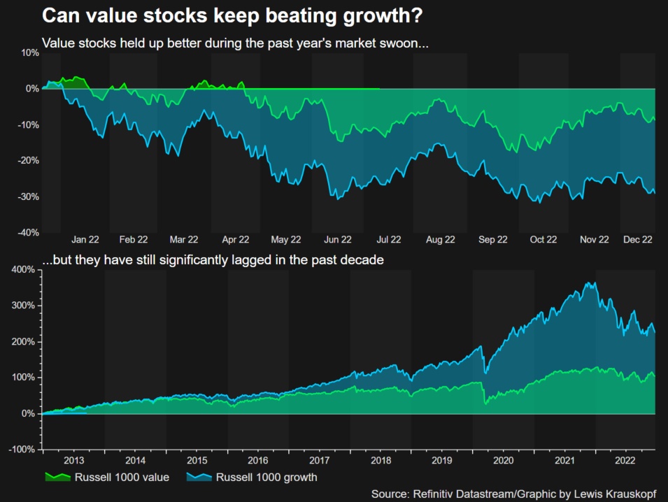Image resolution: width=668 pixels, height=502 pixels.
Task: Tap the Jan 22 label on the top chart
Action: (85, 239)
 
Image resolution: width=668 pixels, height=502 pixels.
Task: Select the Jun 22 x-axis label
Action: (338, 239)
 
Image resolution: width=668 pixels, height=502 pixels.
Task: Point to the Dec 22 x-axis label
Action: (637, 239)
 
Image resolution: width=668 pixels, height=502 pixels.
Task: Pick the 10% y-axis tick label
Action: (30, 53)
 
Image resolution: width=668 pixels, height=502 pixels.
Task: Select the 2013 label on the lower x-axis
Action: (74, 461)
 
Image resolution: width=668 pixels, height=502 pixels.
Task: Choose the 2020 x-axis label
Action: (504, 461)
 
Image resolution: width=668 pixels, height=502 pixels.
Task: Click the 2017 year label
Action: (320, 461)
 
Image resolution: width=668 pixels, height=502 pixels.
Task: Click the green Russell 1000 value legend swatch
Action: (58, 478)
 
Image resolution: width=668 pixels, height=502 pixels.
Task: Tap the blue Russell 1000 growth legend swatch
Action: (200, 478)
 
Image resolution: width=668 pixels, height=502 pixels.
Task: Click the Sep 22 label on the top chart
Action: (492, 239)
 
